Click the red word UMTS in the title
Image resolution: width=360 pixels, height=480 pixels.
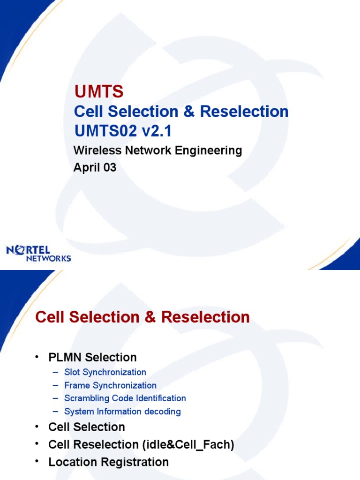99,92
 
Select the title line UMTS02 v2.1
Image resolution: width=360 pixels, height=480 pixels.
123,132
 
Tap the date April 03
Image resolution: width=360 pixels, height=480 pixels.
95,167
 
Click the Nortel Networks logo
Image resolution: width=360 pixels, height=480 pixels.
38,254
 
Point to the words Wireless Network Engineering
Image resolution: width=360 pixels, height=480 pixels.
158,150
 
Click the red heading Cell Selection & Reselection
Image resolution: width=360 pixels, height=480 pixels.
142,317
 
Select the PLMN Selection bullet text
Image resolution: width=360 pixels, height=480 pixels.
92,357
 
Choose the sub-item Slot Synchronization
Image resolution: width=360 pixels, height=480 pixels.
105,372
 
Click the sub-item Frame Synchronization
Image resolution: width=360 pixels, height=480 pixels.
110,385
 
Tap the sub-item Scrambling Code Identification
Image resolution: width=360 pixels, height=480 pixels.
125,398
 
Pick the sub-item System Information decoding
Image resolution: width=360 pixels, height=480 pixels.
122,412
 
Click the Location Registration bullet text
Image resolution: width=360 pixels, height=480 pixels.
108,462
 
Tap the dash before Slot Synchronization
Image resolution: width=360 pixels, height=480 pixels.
56,372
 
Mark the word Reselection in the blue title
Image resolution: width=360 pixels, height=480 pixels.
244,112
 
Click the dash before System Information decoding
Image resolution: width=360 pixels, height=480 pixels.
56,412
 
